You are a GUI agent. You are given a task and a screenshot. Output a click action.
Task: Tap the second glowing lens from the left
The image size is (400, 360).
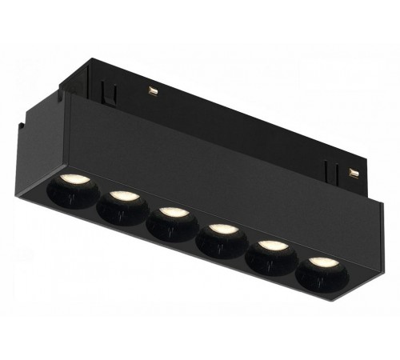122,195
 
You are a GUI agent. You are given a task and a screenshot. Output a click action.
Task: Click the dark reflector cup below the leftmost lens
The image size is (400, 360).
76,194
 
